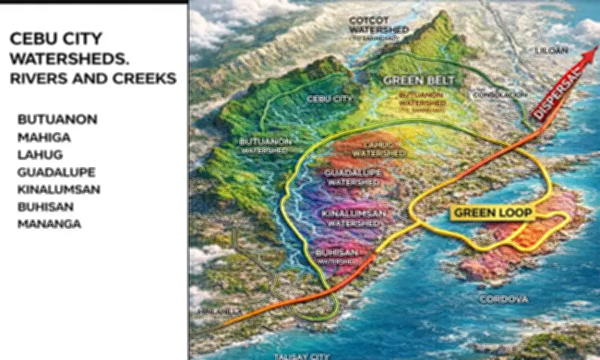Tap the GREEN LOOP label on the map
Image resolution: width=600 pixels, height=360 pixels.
[492, 213]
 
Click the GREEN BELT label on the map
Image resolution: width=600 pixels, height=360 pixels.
[412, 79]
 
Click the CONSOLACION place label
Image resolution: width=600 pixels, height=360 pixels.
[500, 95]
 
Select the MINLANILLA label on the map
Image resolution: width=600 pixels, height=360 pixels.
[217, 310]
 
